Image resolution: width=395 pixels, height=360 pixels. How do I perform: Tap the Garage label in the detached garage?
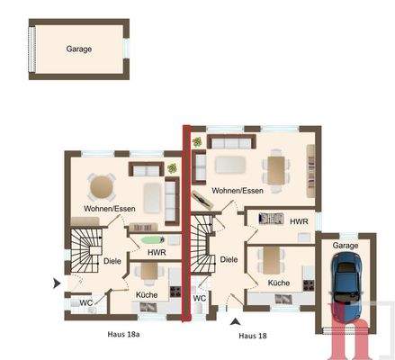point(78,50)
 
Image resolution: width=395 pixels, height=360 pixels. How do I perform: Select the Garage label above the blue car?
point(345,245)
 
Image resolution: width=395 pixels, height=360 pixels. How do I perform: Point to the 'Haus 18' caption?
point(254,336)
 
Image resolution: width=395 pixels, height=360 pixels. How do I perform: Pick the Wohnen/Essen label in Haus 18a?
point(104,210)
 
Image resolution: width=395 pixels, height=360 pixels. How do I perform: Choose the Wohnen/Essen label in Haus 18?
point(238,191)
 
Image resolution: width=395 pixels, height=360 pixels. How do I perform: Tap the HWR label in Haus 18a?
point(156,253)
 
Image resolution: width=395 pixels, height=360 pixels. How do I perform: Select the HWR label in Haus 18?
point(299,220)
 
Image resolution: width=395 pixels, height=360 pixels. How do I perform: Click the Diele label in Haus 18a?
point(112,261)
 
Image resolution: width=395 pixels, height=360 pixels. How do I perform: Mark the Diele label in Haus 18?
point(229,259)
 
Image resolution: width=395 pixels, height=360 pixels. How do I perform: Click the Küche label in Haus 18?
point(278,283)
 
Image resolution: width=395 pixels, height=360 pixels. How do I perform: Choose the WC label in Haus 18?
point(199,298)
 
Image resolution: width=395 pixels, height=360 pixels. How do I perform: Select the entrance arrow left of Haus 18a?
point(58,283)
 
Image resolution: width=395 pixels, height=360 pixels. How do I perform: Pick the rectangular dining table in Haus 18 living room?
point(275,167)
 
